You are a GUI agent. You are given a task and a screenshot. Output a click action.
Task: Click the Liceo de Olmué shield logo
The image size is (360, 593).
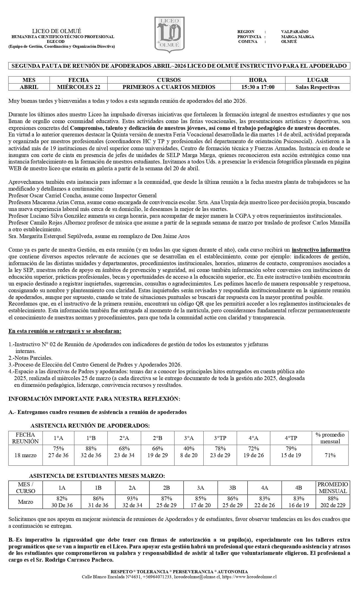169,34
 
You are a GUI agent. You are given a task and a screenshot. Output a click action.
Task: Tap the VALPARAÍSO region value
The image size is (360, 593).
294,32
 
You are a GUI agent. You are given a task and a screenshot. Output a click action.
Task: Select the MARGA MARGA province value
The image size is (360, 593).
297,37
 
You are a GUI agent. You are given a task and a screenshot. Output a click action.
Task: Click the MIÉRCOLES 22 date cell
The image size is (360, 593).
78,87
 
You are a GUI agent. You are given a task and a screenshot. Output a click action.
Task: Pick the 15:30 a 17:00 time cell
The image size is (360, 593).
258,87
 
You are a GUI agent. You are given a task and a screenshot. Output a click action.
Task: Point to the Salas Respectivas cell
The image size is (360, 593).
317,87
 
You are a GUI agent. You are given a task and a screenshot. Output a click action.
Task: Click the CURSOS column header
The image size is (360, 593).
169,80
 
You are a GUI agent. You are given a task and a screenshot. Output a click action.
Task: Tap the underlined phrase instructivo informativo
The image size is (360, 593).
321,250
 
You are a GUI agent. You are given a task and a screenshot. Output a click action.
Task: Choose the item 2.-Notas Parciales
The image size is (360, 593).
30,358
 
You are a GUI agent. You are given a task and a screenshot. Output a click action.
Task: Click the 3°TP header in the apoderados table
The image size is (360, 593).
220,438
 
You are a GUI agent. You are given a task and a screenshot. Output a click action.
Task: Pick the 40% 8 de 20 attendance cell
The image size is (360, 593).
189,452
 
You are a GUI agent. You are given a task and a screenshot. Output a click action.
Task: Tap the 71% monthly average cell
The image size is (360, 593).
330,455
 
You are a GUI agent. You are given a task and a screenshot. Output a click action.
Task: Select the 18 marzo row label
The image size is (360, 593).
25,455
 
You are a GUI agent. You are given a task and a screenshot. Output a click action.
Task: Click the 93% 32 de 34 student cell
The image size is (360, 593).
132,502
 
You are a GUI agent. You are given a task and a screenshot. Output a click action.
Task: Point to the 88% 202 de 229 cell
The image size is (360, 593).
333,502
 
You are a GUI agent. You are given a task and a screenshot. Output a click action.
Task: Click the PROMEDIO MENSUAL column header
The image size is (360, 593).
333,487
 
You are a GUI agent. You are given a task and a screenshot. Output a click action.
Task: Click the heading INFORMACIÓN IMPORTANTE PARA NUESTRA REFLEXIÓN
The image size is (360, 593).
94,399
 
